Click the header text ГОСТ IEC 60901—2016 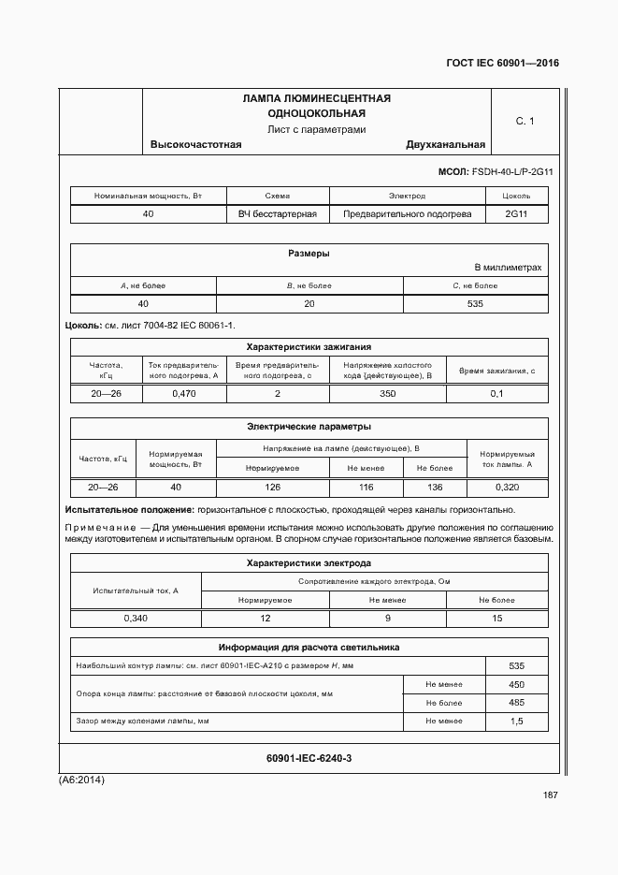coord(502,65)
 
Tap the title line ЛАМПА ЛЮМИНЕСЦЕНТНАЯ coord(316,98)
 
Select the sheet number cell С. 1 coord(525,122)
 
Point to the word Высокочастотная coord(195,145)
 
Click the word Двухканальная coord(445,145)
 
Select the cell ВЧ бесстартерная coord(278,214)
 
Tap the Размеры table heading coord(308,254)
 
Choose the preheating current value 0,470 coord(184,394)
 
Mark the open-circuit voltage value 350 coord(387,394)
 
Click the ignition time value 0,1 coord(496,394)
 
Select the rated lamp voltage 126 coord(272,488)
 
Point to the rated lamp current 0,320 coord(507,488)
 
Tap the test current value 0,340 coord(136,619)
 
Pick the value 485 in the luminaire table coord(516,702)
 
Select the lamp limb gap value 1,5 coord(516,722)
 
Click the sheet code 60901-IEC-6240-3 coord(309,757)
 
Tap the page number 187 coord(550,795)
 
